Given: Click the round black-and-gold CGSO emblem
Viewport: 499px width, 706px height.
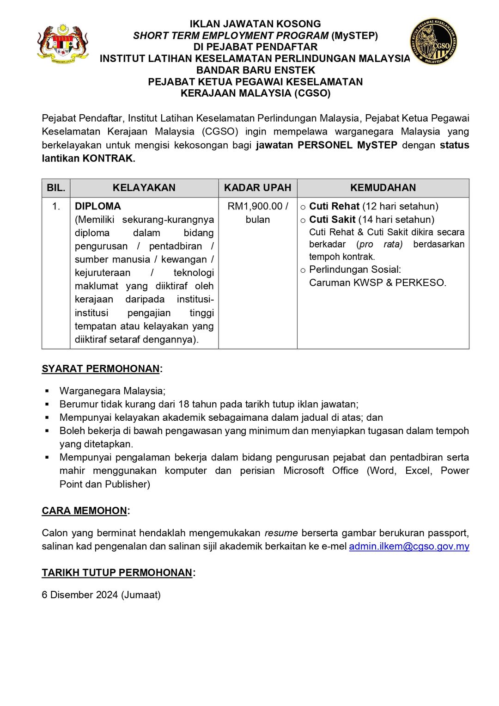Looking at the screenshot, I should click(x=433, y=42).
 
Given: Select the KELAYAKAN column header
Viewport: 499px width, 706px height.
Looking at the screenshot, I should click(x=144, y=188).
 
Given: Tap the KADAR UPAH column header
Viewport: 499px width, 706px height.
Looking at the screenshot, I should click(x=257, y=188).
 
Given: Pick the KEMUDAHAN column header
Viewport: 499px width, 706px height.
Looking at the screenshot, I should click(x=383, y=188).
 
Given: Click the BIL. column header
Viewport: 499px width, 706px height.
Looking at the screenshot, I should click(x=56, y=188).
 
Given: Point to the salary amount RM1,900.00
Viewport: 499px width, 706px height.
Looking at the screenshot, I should click(x=255, y=206).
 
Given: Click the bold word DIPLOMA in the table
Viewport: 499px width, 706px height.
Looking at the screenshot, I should click(x=98, y=206).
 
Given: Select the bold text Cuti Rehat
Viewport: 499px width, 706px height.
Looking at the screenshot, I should click(x=334, y=206).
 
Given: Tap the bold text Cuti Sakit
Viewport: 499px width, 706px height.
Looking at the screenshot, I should click(x=332, y=220).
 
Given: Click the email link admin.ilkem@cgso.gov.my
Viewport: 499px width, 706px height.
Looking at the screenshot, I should click(x=409, y=546).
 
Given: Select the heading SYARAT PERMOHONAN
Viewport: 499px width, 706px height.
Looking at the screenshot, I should click(x=101, y=369).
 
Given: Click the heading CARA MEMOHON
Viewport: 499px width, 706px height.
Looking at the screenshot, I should click(x=85, y=511).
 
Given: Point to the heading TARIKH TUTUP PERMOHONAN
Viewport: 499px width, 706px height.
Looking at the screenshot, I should click(x=117, y=573).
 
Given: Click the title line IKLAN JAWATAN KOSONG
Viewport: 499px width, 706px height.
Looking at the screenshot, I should click(x=255, y=24).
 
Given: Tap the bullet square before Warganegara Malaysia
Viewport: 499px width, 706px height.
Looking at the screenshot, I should click(x=47, y=391).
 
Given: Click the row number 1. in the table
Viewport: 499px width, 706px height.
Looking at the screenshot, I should click(x=56, y=206).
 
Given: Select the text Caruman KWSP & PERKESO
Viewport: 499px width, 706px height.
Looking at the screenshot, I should click(x=377, y=283).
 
